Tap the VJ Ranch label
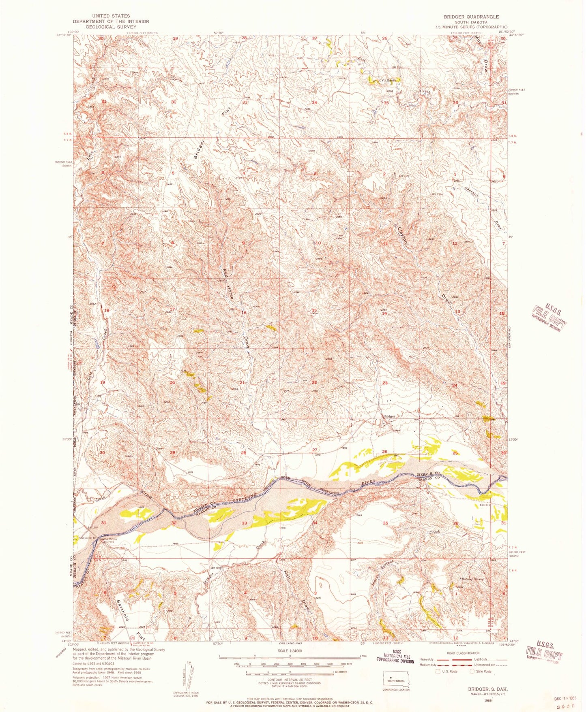coord(389,80)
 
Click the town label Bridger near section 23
coord(389,416)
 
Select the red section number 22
coord(314,382)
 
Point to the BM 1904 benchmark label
coord(93,527)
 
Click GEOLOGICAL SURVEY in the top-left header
coord(111,27)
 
